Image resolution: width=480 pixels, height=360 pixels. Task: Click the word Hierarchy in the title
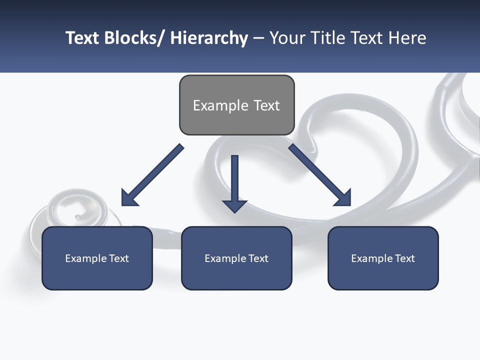tap(209, 38)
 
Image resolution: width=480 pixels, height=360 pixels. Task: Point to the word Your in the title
tap(286, 38)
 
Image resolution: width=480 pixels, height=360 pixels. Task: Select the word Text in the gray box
tap(266, 105)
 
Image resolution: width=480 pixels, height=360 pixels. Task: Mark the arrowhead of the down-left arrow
tap(129, 198)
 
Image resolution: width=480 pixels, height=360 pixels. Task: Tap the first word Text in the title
tap(83, 38)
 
